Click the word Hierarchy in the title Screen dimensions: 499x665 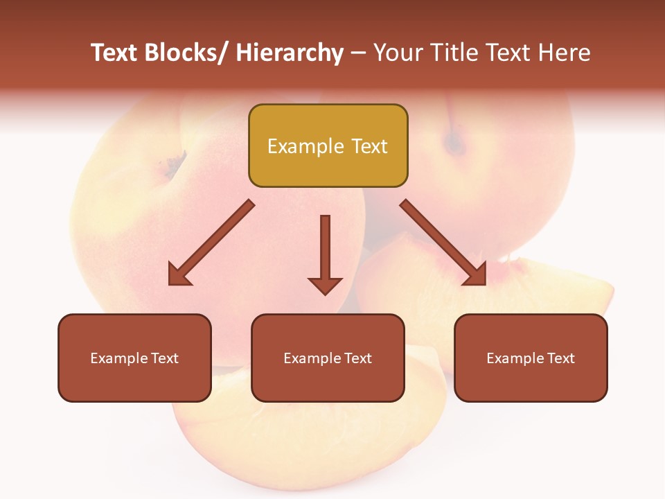click(x=290, y=53)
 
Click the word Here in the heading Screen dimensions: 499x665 click(x=565, y=53)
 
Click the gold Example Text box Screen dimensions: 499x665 click(x=328, y=146)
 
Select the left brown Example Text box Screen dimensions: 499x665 click(x=134, y=358)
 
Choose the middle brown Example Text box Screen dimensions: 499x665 click(x=328, y=358)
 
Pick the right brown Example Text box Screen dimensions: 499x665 click(x=531, y=358)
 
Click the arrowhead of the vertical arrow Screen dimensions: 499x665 click(x=325, y=285)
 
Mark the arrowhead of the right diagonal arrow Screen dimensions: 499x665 click(x=477, y=275)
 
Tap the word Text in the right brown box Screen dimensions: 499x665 click(x=561, y=358)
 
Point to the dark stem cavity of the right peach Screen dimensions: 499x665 click(x=454, y=143)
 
